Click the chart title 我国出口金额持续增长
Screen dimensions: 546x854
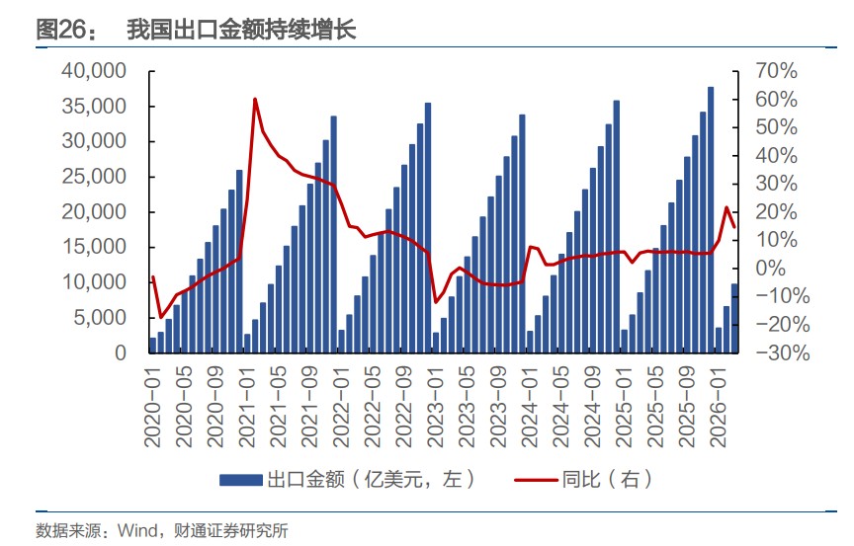[241, 31]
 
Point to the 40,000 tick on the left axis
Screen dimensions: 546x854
[94, 71]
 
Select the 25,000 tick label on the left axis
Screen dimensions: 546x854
[94, 177]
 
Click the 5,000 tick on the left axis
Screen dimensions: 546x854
[101, 318]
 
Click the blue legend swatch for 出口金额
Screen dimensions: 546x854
[241, 480]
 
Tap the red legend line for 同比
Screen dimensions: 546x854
[536, 480]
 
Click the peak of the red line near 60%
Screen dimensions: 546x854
[255, 99]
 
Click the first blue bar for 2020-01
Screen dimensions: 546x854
[152, 345]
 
